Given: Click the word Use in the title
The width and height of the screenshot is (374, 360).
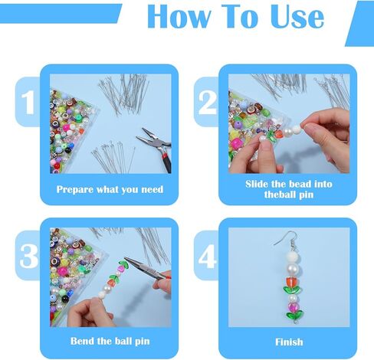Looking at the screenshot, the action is [x=297, y=17].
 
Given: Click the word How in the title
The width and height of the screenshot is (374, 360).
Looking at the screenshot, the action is [x=179, y=17].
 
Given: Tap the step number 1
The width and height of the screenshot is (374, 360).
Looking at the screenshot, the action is [x=28, y=103].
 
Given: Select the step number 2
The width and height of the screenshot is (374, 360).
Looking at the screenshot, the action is [x=207, y=103].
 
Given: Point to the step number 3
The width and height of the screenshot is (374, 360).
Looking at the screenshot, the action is [x=28, y=256].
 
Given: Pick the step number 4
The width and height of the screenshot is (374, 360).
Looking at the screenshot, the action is [x=207, y=256].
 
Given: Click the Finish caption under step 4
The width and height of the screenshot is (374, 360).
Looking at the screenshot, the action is [x=289, y=342].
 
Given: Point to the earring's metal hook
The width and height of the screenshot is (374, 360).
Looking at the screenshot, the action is [x=287, y=240].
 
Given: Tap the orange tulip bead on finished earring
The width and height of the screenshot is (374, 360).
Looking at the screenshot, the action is [x=291, y=282].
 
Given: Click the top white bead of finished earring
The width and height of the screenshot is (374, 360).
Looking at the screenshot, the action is [x=292, y=257].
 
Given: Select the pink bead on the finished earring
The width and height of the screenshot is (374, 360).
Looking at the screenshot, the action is [x=293, y=306].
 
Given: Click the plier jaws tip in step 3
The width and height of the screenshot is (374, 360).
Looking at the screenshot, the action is [x=125, y=258].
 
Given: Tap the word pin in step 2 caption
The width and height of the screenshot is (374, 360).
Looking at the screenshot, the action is [x=306, y=195].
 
